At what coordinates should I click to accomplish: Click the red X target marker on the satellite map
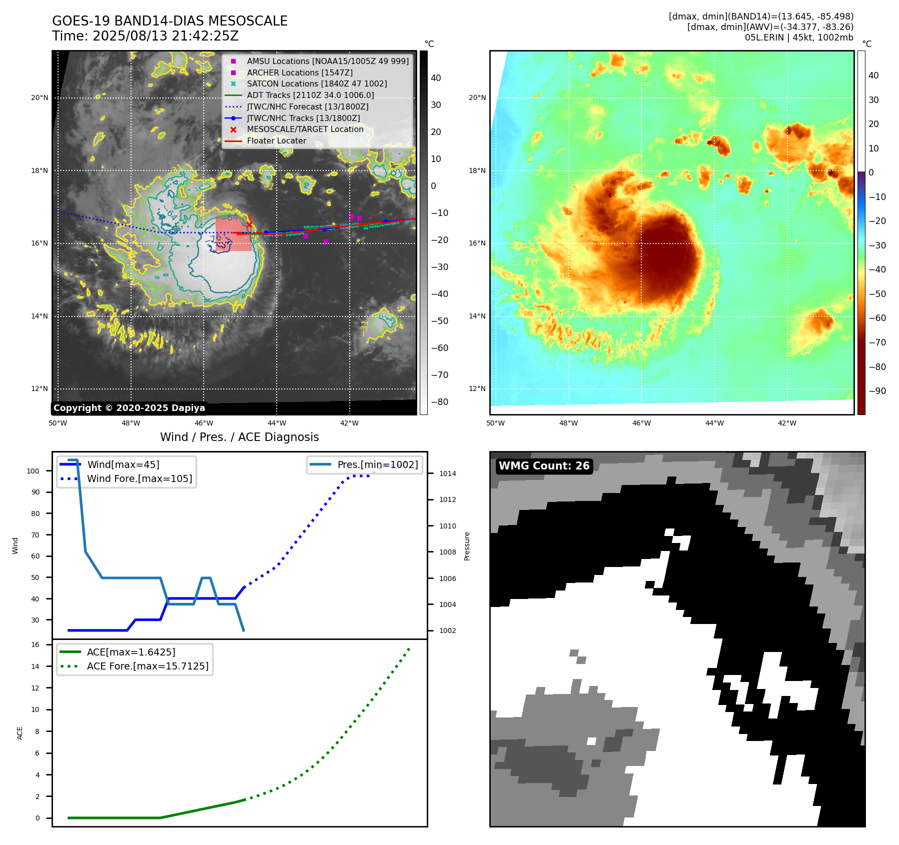(x=249, y=224)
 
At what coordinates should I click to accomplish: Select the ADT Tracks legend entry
(x=310, y=95)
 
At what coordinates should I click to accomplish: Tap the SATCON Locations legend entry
(x=317, y=83)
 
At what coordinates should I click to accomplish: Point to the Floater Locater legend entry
(x=276, y=140)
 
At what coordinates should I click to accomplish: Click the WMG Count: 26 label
(x=544, y=465)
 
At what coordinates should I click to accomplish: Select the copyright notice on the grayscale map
(x=129, y=407)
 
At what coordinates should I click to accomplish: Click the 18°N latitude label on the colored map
(x=477, y=170)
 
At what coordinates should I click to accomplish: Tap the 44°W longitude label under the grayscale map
(x=277, y=423)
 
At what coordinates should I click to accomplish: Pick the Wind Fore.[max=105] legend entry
(x=139, y=478)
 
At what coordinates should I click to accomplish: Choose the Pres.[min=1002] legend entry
(x=377, y=464)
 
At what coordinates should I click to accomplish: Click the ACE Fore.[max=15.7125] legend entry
(x=148, y=666)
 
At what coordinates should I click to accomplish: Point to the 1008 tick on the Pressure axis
(x=447, y=552)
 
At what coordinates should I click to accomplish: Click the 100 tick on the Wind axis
(x=33, y=471)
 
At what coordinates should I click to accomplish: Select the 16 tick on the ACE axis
(x=36, y=644)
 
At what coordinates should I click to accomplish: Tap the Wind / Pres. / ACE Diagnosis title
(x=239, y=437)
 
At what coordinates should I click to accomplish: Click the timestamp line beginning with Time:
(x=145, y=36)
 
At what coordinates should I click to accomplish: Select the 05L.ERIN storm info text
(x=799, y=37)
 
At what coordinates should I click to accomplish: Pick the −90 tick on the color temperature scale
(x=877, y=391)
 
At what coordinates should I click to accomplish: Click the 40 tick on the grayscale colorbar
(x=436, y=77)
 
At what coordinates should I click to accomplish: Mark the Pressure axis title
(x=467, y=546)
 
